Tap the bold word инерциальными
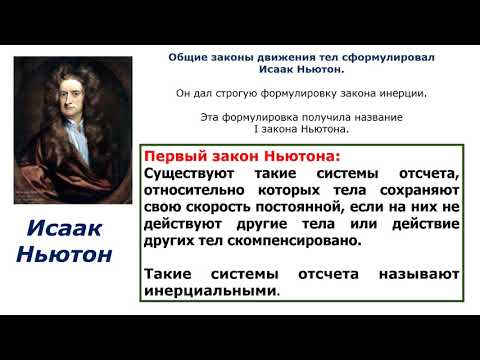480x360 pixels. pyautogui.click(x=211, y=291)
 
